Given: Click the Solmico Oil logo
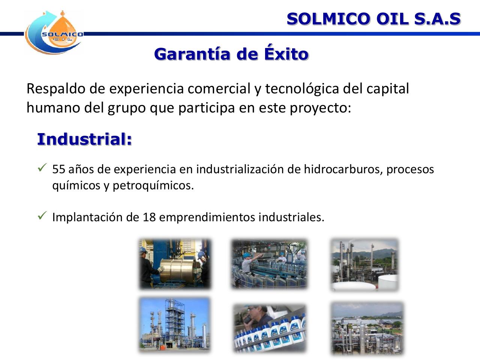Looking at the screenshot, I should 54,33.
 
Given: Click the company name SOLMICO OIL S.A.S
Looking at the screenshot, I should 373,19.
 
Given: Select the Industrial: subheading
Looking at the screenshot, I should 85,139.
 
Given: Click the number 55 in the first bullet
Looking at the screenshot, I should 58,169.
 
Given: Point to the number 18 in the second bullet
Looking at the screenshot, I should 149,217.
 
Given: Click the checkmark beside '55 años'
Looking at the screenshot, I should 42,168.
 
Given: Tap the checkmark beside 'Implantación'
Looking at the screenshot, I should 42,215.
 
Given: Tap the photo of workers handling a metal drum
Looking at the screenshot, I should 175,264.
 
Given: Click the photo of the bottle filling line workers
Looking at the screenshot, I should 269,264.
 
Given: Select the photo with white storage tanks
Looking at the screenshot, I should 364,265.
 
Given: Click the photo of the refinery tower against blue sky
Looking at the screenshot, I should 175,324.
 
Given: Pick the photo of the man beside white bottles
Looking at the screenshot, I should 269,328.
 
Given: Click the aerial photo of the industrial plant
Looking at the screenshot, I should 367,328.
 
